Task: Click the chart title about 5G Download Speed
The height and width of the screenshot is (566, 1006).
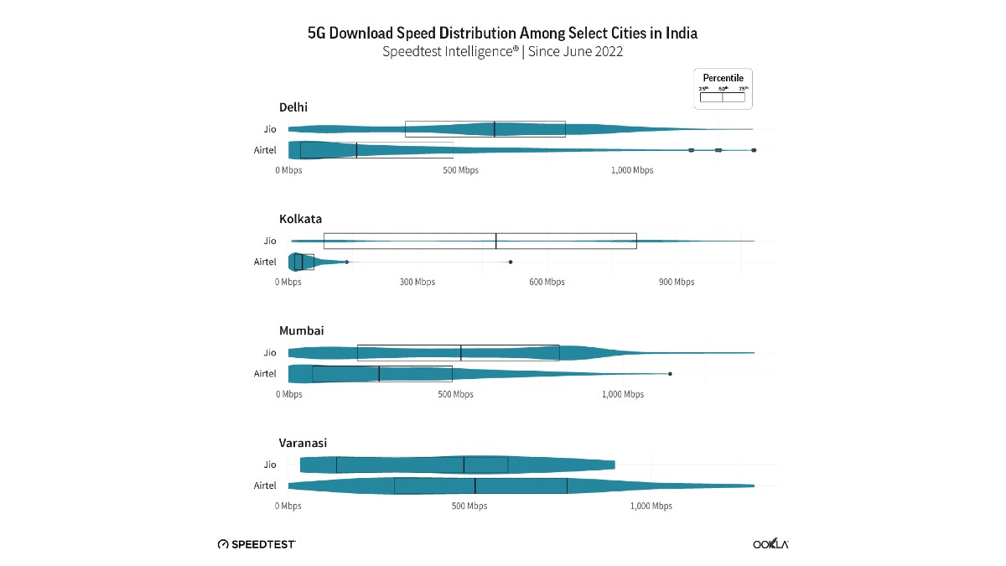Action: [x=502, y=34]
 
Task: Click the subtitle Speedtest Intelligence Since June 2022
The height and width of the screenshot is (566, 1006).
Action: [x=502, y=52]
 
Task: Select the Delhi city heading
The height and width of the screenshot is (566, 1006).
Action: [x=293, y=106]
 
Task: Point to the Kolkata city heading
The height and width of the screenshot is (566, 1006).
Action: [x=300, y=219]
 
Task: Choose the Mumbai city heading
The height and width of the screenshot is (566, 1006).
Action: [x=301, y=330]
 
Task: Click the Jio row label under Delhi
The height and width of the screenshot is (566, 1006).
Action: [x=269, y=129]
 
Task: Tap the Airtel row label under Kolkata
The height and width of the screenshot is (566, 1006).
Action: [x=265, y=262]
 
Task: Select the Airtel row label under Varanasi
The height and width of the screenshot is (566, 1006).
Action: [x=265, y=486]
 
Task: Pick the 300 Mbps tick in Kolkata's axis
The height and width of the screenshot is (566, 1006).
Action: [x=417, y=283]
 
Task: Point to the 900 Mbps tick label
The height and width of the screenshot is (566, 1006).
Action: [x=676, y=283]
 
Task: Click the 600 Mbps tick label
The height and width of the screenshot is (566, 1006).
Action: [x=547, y=283]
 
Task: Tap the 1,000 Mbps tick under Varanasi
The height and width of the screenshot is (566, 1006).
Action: [x=651, y=506]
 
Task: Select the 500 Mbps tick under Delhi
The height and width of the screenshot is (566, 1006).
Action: [x=460, y=171]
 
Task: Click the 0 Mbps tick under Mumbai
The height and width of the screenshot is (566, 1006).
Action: [x=288, y=395]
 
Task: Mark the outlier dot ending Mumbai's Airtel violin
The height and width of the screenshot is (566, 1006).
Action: [x=670, y=374]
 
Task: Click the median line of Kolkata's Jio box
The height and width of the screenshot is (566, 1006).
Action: [x=496, y=241]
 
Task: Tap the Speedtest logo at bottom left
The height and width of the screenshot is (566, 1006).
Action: [x=257, y=544]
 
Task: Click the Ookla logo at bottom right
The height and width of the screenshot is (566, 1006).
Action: [x=770, y=544]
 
